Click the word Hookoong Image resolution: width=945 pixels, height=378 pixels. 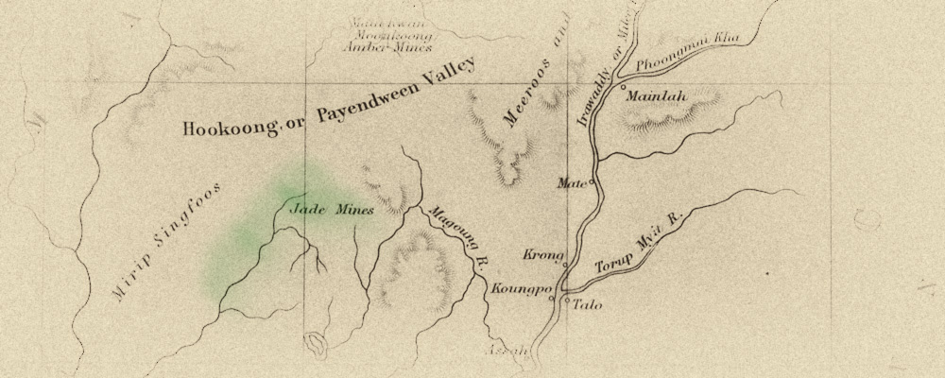click(x=225, y=128)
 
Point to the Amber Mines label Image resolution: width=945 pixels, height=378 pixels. click(x=388, y=45)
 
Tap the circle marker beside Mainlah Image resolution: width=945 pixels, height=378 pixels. click(x=624, y=87)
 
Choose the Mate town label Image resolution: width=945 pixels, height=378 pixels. click(x=572, y=182)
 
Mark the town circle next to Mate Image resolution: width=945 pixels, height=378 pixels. click(x=592, y=182)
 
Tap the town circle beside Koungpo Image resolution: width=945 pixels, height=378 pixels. click(x=552, y=299)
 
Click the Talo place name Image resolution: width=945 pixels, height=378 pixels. click(x=587, y=305)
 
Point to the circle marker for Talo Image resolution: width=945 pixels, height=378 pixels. click(x=567, y=301)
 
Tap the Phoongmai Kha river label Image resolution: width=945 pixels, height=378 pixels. click(x=688, y=54)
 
